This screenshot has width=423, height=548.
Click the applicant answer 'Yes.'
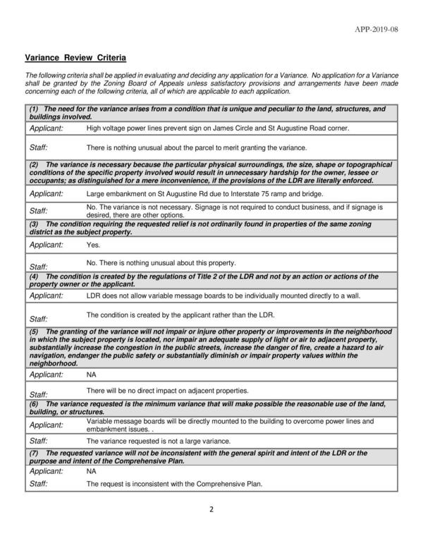[x=93, y=245]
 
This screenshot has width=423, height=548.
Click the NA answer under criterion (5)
[x=91, y=377]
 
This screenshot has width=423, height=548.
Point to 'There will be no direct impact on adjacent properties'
[x=167, y=390]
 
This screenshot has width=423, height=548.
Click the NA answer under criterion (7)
[x=91, y=470]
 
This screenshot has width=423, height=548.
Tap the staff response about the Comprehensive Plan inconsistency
[x=174, y=485]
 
